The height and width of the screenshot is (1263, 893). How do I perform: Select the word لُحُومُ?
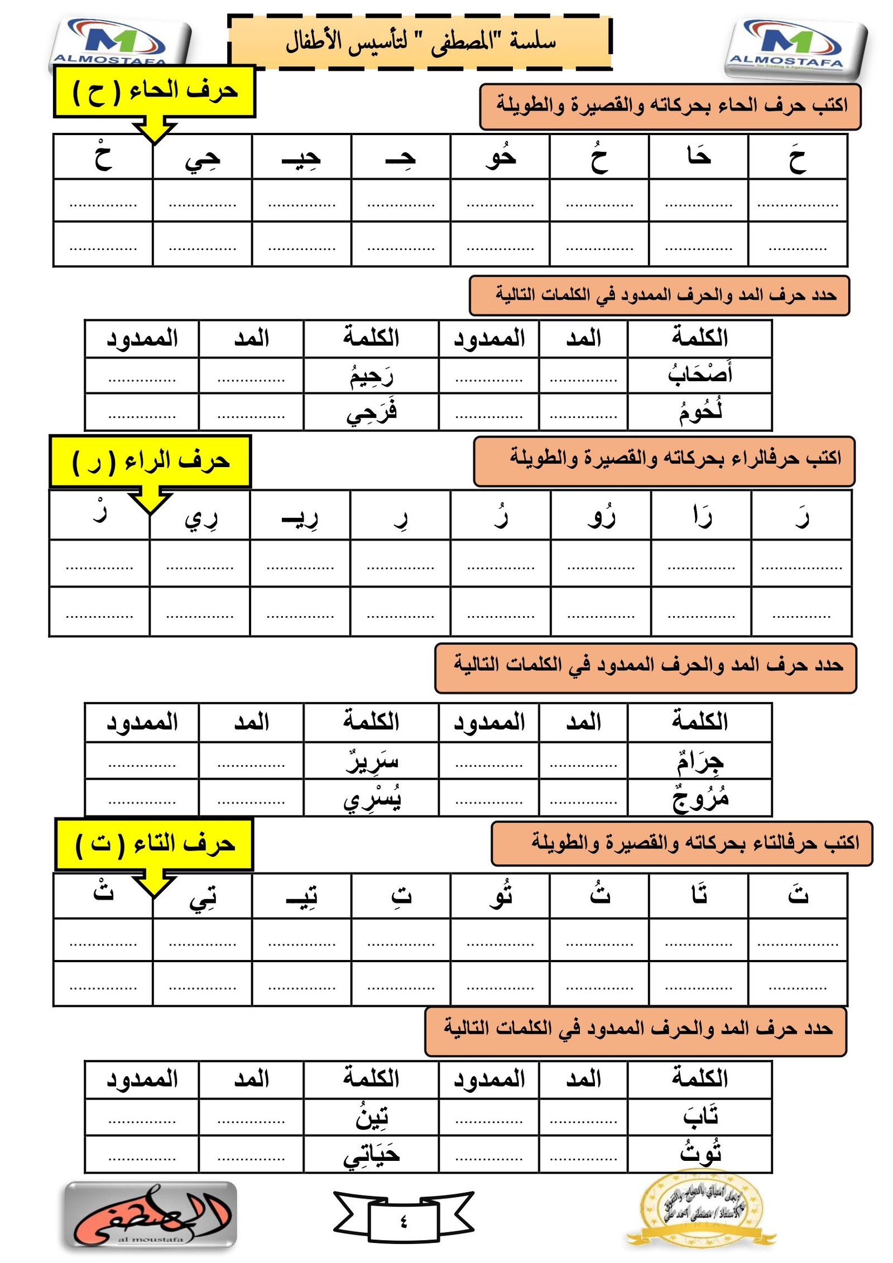(x=699, y=412)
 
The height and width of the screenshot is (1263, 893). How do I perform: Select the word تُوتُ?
(x=699, y=1153)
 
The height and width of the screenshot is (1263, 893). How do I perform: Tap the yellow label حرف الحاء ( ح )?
(x=155, y=92)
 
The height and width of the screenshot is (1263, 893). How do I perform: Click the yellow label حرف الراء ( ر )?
(x=150, y=462)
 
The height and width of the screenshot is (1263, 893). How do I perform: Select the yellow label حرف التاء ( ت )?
(x=154, y=844)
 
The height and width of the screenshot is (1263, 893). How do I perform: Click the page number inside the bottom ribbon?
(x=404, y=1222)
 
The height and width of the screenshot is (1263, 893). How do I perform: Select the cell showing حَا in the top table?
(x=698, y=157)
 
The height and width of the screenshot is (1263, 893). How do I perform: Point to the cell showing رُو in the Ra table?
(x=601, y=516)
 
